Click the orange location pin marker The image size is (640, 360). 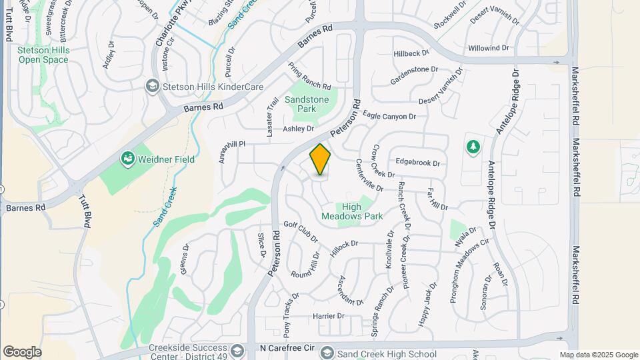320,159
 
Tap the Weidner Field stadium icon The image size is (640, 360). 127,159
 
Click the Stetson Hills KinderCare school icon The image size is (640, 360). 152,87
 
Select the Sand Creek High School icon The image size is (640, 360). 327,353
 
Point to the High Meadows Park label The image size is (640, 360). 352,211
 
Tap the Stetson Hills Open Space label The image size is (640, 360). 43,55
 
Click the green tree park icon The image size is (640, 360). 473,146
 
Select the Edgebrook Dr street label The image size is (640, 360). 418,162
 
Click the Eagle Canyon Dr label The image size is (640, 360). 390,116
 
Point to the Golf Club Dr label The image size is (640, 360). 301,230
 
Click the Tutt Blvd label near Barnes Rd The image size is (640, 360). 85,212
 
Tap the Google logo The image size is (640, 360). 22,351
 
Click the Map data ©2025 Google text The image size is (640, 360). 598,355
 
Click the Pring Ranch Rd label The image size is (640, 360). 309,76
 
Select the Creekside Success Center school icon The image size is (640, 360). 237,351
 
